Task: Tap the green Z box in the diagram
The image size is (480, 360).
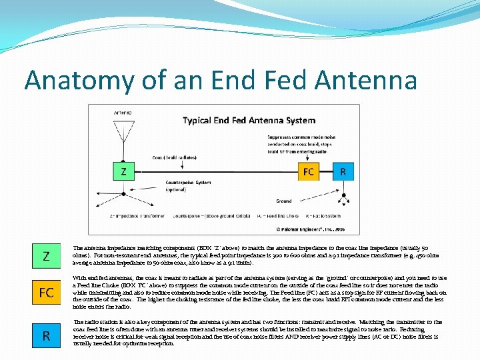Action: (x=123, y=171)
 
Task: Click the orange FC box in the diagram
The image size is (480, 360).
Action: (x=309, y=171)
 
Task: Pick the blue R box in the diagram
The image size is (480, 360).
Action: (x=343, y=171)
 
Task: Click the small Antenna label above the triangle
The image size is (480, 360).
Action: (x=123, y=113)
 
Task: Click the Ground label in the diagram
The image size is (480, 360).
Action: (x=284, y=201)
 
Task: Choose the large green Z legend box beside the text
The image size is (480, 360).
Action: (x=46, y=256)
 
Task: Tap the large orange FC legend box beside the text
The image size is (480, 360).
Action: (x=46, y=293)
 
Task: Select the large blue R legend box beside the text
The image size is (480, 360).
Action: (x=46, y=335)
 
